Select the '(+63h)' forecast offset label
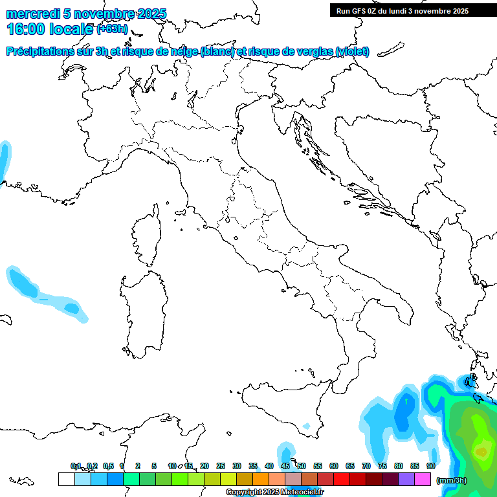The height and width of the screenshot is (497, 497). [113, 29]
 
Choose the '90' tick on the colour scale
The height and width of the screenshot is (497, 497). [430, 466]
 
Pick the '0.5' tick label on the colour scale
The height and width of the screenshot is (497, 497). [108, 466]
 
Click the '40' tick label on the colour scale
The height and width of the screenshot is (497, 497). [269, 466]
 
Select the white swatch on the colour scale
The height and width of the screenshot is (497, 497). [66, 479]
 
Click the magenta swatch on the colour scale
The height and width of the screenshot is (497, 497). [423, 479]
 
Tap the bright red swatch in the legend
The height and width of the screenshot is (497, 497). [342, 479]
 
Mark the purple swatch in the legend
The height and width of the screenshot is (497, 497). [406, 479]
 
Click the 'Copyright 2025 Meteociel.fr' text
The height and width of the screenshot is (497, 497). [274, 492]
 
